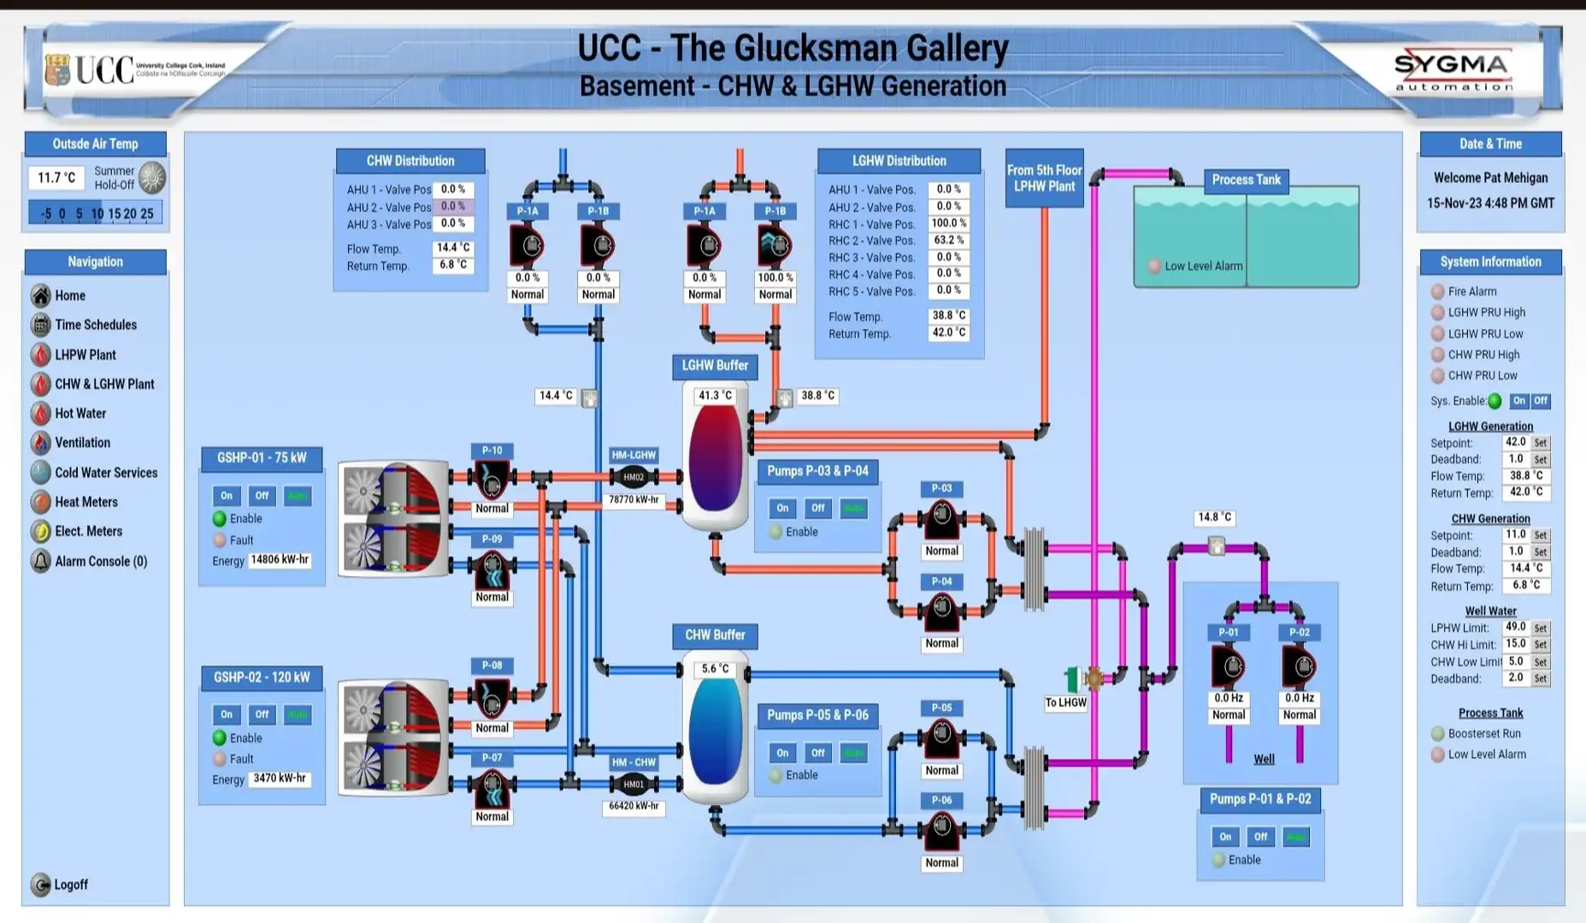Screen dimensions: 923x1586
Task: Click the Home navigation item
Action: click(x=69, y=296)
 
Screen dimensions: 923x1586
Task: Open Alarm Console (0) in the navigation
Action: click(x=100, y=561)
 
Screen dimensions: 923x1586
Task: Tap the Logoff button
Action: click(x=70, y=885)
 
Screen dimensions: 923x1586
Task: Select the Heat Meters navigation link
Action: click(x=85, y=502)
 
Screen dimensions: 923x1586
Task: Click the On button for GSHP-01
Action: click(x=227, y=496)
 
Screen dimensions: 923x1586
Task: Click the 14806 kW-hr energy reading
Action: click(x=280, y=560)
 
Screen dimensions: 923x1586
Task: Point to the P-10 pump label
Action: click(x=492, y=450)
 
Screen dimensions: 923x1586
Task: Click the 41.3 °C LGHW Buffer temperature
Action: click(x=716, y=396)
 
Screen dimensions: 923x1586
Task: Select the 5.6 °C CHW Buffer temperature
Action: click(x=716, y=669)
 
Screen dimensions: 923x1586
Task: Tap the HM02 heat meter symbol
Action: click(x=634, y=478)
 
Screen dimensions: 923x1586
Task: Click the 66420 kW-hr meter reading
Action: click(x=634, y=806)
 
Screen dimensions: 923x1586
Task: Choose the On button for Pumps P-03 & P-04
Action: click(x=782, y=508)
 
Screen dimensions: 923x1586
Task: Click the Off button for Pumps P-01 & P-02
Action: click(x=1260, y=837)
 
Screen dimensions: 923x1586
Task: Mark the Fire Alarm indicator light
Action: click(x=1438, y=291)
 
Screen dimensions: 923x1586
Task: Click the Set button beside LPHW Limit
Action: click(x=1540, y=628)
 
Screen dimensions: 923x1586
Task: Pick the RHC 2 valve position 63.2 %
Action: click(x=948, y=240)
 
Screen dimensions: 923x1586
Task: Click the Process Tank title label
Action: click(x=1246, y=180)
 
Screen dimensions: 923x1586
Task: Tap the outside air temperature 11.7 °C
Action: click(x=56, y=178)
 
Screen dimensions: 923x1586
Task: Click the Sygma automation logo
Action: click(x=1453, y=70)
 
